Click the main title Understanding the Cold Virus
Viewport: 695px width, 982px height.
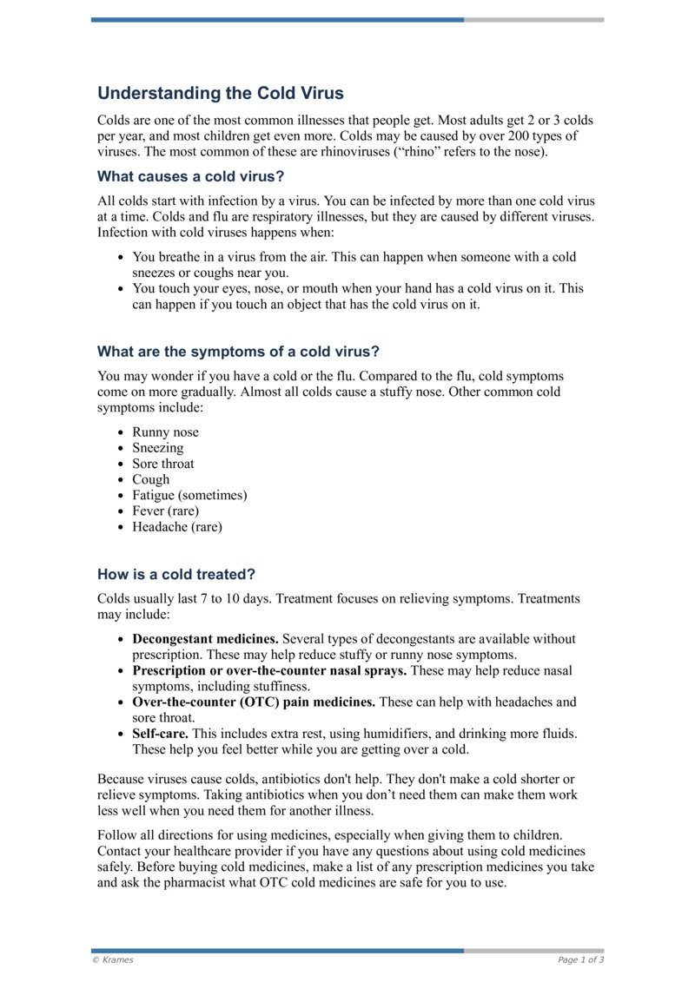pos(220,93)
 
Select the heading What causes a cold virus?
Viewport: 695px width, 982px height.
pos(190,177)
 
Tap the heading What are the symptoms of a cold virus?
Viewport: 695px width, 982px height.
pos(238,352)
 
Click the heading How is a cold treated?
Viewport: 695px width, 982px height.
pos(176,575)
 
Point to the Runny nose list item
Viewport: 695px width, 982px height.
pos(165,432)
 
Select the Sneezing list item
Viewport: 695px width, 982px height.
pos(157,448)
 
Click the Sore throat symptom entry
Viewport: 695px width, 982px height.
pos(163,464)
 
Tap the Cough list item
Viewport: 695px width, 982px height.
pos(151,479)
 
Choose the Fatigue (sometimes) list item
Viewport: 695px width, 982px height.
pos(189,495)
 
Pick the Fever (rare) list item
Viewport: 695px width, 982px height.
pos(165,511)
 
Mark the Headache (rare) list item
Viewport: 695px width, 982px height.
pos(177,526)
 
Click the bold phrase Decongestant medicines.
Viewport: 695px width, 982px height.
pos(205,639)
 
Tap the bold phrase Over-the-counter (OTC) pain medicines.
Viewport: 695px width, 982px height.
pos(254,702)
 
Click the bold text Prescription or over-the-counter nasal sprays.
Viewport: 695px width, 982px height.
pos(269,670)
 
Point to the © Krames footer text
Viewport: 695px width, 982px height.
pos(113,959)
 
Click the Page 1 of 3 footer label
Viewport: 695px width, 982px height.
pos(580,959)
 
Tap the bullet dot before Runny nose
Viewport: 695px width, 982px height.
pos(121,433)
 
